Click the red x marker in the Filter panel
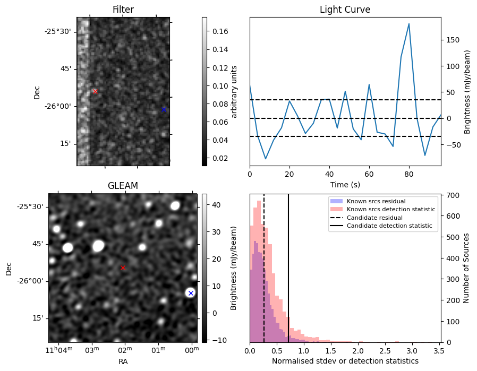[95, 92]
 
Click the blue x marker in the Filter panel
[164, 109]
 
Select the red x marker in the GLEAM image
[123, 268]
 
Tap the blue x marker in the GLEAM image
[191, 293]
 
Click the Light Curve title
[345, 10]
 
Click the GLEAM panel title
[123, 186]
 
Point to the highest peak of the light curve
[409, 24]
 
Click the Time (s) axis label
[345, 184]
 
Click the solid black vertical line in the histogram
[288, 265]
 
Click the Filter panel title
[123, 10]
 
